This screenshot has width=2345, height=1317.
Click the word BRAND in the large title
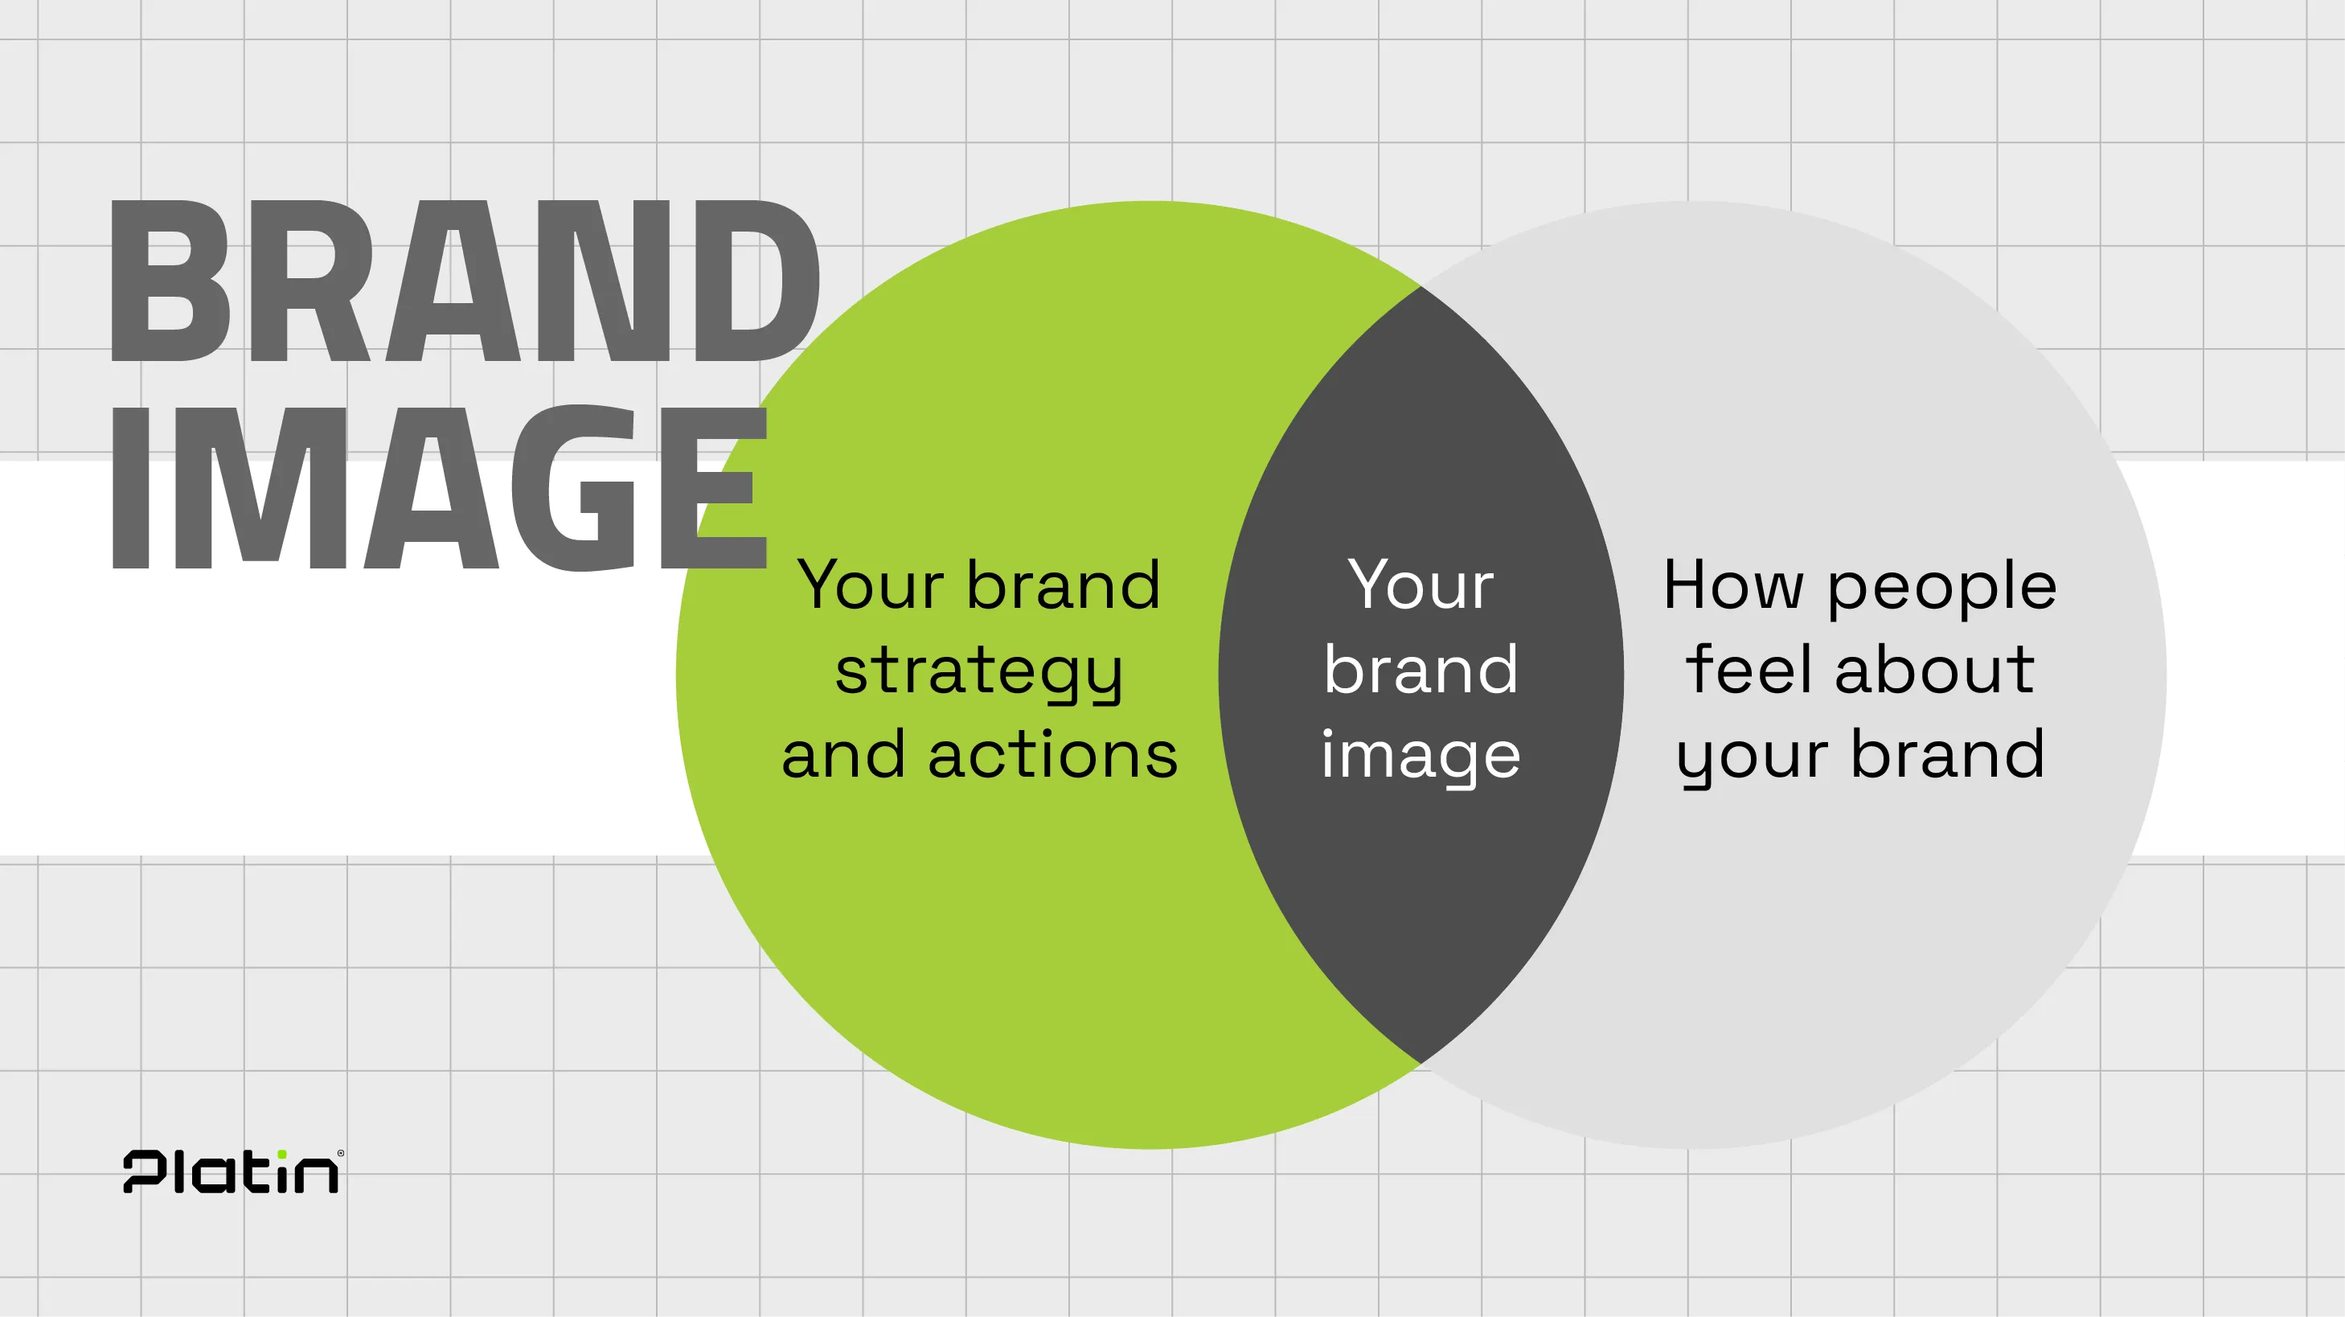(x=465, y=281)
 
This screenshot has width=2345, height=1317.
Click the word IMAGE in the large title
(x=439, y=487)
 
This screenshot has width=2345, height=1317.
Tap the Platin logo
(x=233, y=1171)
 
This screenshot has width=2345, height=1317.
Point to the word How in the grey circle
(x=1733, y=585)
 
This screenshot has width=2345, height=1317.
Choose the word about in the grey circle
(x=1934, y=668)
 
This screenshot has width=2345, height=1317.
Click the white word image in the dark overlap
(x=1421, y=757)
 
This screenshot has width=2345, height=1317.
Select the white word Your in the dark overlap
(x=1421, y=585)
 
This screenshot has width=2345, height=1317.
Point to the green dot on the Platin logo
(x=282, y=1154)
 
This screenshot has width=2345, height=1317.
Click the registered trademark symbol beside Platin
(x=341, y=1153)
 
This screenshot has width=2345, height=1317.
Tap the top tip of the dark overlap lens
(x=1421, y=287)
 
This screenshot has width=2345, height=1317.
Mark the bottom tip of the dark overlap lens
(x=1421, y=1063)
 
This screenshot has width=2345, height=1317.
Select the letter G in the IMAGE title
(x=573, y=487)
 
